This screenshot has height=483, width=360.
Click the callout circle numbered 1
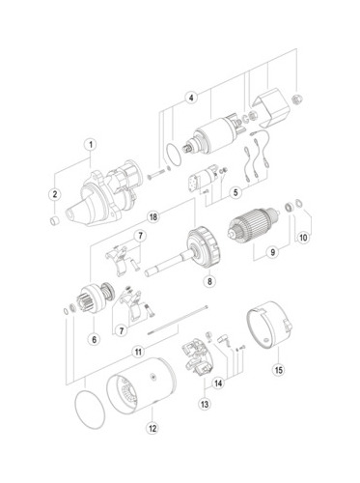(91, 145)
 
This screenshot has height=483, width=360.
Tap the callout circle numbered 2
(55, 194)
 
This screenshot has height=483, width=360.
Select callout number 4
(191, 97)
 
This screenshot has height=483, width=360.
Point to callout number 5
(235, 192)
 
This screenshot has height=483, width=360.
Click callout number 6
(95, 339)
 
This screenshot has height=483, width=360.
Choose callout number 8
(209, 281)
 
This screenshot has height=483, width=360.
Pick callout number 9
(273, 252)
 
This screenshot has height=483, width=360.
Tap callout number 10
(303, 238)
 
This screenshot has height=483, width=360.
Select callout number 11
(138, 352)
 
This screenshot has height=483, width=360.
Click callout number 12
(152, 428)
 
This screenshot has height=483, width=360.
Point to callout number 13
(205, 404)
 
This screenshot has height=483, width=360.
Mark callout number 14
(218, 384)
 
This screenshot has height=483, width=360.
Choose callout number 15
(279, 370)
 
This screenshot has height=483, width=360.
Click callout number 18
(153, 216)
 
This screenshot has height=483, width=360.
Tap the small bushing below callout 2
(55, 221)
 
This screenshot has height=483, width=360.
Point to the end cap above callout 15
(269, 325)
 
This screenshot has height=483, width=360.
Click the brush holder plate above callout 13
(198, 356)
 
